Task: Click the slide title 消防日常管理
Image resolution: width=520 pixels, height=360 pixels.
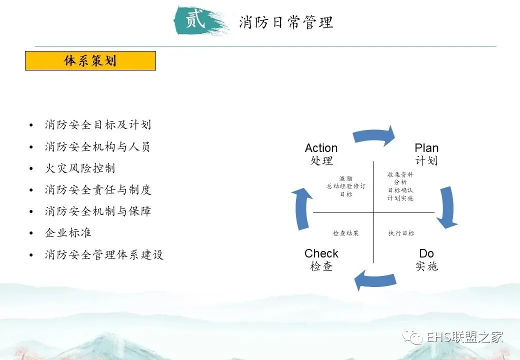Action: [285, 22]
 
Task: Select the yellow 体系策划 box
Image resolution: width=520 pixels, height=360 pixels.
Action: [90, 60]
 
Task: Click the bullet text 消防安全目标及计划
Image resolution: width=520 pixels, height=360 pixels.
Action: [97, 124]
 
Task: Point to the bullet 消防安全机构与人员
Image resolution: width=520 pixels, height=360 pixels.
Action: [97, 146]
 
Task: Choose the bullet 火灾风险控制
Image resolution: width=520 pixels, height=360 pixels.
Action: [80, 168]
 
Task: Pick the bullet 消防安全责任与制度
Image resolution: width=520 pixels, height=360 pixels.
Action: [97, 190]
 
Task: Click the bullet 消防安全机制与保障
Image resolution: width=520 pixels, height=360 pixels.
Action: [97, 211]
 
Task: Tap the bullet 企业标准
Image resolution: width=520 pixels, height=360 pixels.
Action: [68, 233]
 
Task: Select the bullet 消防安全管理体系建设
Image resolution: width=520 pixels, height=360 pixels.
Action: [104, 254]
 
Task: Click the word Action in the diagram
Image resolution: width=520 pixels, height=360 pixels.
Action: [321, 148]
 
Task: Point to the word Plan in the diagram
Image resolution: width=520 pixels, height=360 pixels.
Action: [426, 148]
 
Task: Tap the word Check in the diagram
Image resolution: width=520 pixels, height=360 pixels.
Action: [321, 253]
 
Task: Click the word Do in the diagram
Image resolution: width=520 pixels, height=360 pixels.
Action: [426, 253]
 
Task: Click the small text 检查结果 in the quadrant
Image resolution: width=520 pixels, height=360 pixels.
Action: [345, 233]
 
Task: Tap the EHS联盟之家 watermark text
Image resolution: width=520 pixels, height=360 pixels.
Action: [464, 337]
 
